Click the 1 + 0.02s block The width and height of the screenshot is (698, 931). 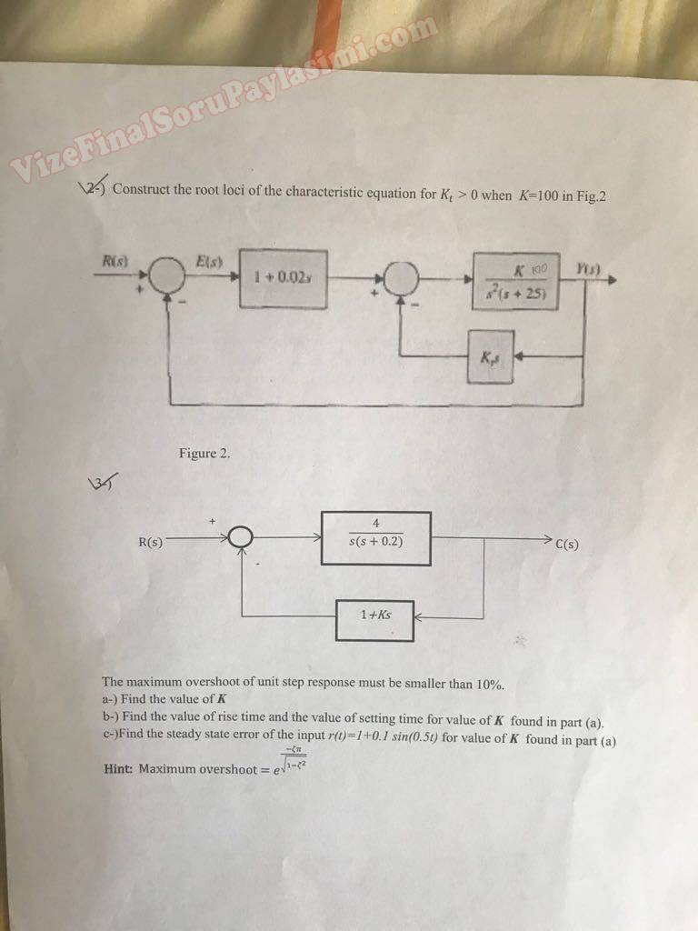click(284, 278)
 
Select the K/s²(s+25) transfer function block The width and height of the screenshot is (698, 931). click(515, 282)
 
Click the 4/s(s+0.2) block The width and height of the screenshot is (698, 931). click(375, 538)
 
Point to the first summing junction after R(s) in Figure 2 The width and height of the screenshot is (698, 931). click(165, 273)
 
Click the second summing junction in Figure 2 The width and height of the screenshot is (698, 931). click(401, 278)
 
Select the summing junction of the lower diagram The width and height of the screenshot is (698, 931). click(239, 539)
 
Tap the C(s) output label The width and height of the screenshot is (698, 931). click(566, 546)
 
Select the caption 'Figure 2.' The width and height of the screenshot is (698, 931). click(204, 453)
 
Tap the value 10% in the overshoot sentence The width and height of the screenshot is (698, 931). click(488, 684)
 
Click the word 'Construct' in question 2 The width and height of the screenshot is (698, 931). click(141, 190)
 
